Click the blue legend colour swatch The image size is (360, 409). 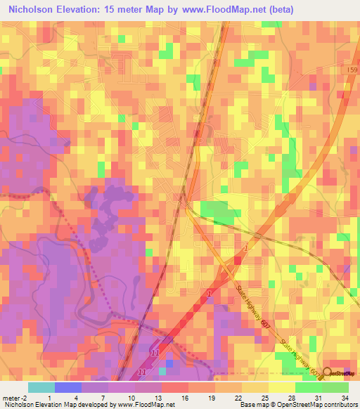[x=67, y=387]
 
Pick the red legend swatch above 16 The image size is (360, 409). [x=174, y=387]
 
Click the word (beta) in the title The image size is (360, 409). [x=276, y=9]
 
